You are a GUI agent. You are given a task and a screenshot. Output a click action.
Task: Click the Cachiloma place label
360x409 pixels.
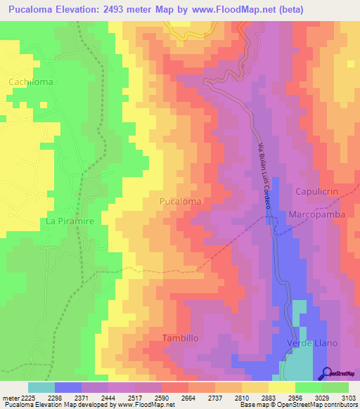31,82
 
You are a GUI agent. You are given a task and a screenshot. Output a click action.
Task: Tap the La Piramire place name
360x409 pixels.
70,221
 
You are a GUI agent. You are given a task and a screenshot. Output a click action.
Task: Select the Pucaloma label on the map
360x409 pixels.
180,201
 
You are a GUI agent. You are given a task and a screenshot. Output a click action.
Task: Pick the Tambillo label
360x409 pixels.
181,338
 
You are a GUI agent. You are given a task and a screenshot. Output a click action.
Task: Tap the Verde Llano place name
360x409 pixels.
313,343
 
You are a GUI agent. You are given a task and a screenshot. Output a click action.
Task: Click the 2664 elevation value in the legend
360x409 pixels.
188,398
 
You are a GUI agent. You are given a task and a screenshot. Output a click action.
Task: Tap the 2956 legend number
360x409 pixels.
295,398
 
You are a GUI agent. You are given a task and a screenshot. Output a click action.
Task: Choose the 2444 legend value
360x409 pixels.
109,398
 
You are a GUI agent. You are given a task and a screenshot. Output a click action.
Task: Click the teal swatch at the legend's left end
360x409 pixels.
41,387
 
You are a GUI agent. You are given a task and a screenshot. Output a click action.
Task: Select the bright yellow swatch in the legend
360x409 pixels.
281,387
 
